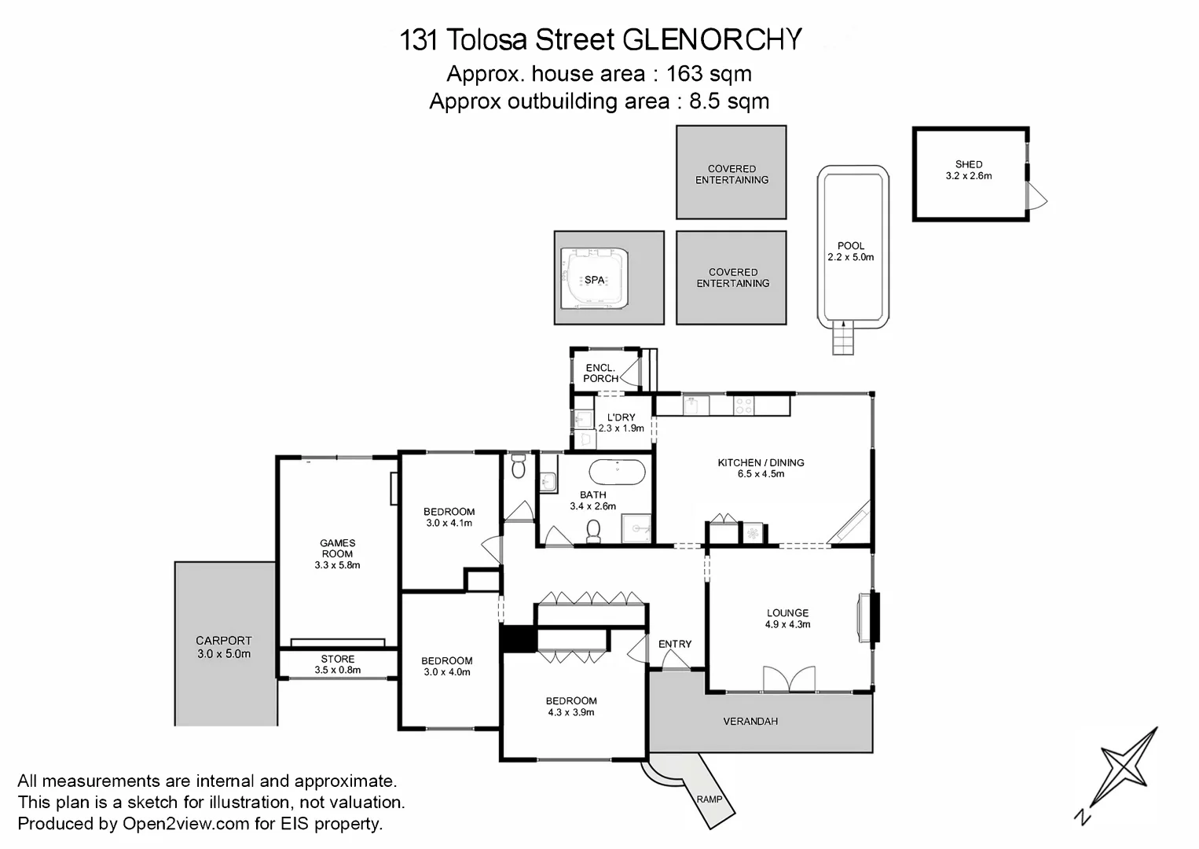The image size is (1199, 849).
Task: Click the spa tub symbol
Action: (595, 278)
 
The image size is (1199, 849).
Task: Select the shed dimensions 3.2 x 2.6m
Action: (969, 176)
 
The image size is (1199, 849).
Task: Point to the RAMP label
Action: (709, 799)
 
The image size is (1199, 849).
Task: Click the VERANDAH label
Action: (750, 721)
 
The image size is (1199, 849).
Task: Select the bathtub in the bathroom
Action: (618, 473)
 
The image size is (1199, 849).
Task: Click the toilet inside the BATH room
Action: (594, 531)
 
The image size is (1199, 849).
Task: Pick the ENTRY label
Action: (675, 644)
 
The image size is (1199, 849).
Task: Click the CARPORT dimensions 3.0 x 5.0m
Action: (224, 654)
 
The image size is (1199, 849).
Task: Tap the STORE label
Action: (338, 659)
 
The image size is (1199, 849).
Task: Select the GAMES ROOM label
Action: (338, 548)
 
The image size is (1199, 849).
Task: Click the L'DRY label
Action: (621, 417)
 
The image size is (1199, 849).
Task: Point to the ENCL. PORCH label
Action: (600, 373)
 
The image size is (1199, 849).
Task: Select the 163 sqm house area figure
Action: (709, 74)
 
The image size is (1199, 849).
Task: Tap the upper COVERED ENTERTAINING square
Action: (731, 173)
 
